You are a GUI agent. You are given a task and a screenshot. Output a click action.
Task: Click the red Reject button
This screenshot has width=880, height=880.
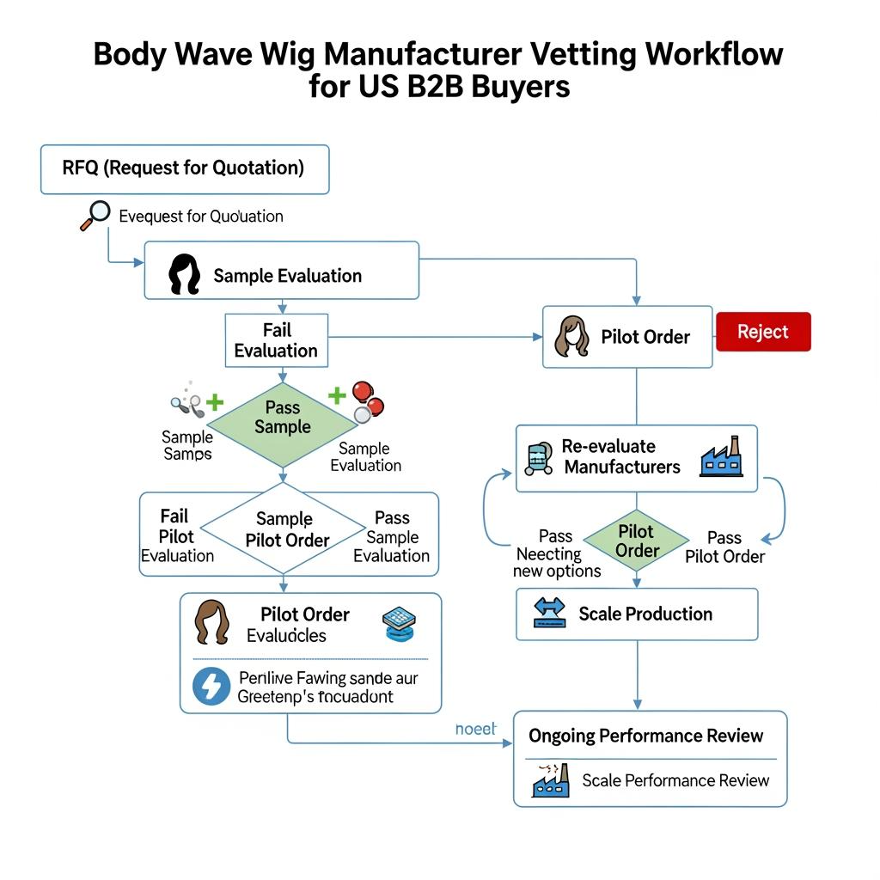(762, 332)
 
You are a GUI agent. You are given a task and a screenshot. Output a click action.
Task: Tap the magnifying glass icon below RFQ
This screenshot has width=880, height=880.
(97, 214)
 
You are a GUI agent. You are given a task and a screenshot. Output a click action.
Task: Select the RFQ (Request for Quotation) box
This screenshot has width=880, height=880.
(184, 168)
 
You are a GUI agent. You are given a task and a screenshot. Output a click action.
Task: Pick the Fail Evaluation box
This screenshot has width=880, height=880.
(276, 340)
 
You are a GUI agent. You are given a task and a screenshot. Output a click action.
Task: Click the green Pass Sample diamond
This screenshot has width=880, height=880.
(283, 419)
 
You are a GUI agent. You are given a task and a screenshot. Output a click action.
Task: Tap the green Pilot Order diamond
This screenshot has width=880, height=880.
(637, 541)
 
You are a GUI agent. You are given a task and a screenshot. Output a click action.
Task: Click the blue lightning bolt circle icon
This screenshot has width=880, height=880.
(211, 686)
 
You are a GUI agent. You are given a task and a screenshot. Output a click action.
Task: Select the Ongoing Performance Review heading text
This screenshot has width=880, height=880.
(645, 736)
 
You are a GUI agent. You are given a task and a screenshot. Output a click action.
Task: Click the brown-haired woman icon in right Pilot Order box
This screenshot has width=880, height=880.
(572, 336)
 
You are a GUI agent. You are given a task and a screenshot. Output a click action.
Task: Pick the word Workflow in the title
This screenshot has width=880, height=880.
(713, 54)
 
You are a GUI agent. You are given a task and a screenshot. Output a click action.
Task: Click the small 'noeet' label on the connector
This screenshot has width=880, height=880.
(475, 729)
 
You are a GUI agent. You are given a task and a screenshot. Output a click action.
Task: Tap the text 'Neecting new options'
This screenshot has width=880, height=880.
(556, 563)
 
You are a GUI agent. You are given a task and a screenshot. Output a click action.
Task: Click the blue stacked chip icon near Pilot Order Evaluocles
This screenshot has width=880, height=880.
(398, 624)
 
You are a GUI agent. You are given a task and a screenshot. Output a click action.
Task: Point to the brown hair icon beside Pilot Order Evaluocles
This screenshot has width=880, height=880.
(212, 623)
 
